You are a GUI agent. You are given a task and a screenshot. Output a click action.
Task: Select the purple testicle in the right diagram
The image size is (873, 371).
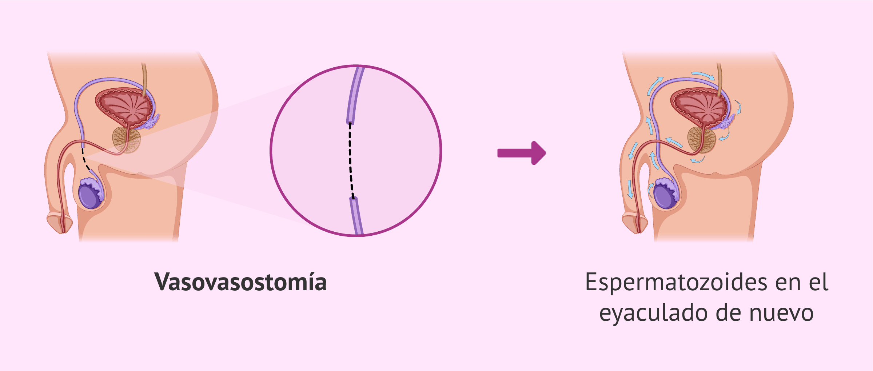tap(665, 195)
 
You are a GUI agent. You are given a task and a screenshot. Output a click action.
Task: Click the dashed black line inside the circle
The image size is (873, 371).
tap(351, 160)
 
